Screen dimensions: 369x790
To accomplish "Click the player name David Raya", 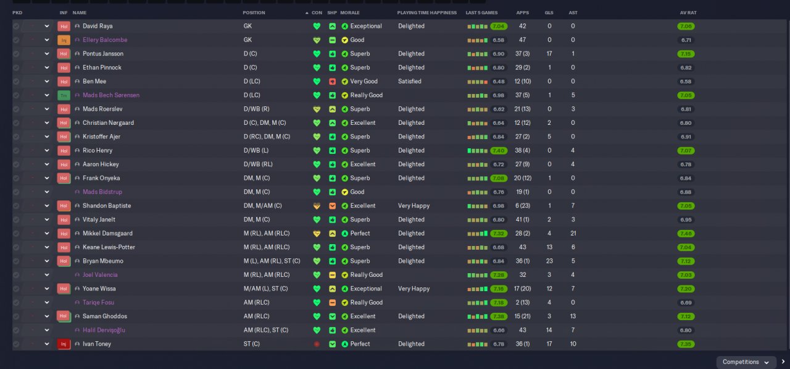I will point(98,27).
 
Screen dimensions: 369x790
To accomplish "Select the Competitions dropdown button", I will point(746,362).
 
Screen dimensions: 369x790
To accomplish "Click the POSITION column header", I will point(254,13).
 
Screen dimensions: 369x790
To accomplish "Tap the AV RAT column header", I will point(688,13).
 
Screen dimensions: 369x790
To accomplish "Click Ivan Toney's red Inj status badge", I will point(64,344).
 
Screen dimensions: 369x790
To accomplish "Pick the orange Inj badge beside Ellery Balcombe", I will point(64,40).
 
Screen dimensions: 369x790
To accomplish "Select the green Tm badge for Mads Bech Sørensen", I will point(64,96).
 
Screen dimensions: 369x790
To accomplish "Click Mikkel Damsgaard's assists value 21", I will point(573,234).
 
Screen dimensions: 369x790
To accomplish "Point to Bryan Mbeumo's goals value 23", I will point(549,261).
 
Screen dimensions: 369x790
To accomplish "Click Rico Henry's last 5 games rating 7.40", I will point(499,151).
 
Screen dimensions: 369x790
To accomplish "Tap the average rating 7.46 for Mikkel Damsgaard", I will point(686,234).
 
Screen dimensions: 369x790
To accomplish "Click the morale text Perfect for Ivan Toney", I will point(360,344).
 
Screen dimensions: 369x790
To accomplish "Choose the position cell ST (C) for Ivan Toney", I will point(252,344).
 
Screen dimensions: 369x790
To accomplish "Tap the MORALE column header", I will point(349,13).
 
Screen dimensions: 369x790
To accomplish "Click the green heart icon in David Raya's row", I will point(317,27).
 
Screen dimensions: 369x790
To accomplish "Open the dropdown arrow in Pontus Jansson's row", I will point(46,54).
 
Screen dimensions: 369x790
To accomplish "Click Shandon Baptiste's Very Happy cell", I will point(414,206).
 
